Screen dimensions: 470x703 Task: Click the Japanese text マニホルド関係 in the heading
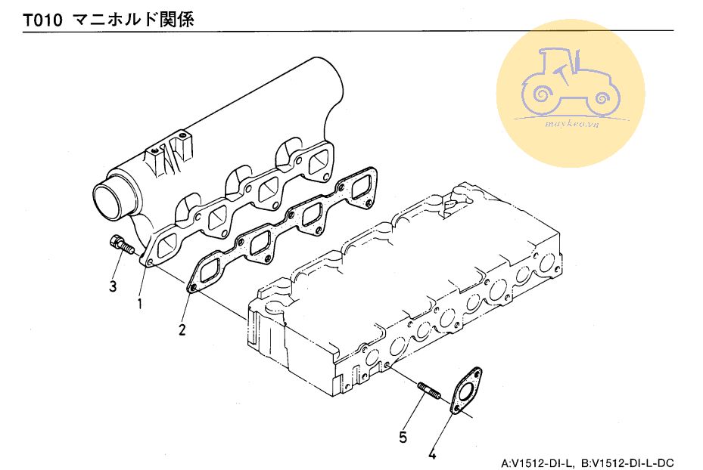(134, 20)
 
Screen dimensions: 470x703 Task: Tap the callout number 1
(139, 304)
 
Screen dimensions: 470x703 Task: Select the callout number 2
(182, 329)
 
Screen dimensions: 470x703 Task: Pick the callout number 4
(432, 454)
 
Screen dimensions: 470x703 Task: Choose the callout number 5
(403, 436)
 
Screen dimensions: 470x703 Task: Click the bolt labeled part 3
(122, 245)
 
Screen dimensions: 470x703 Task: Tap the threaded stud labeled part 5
(429, 391)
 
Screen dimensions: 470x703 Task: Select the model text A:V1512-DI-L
(538, 462)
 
